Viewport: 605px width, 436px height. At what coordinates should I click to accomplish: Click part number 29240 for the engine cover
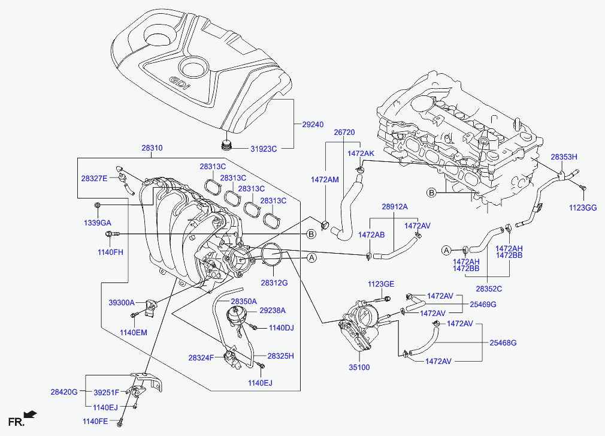313,124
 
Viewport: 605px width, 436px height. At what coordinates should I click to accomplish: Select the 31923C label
264,148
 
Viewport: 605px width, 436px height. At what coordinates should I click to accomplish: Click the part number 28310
152,148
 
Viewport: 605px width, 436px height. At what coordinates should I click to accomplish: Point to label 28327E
94,178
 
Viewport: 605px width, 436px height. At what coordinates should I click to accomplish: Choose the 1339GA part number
97,222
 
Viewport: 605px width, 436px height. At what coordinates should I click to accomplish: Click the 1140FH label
110,252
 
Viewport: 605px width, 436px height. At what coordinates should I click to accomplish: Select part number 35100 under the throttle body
359,368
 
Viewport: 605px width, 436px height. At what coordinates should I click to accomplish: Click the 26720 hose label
344,132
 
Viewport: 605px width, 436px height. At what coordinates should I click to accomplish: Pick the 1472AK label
361,154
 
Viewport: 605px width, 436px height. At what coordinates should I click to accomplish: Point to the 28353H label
564,157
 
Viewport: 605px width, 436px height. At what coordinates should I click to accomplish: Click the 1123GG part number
583,208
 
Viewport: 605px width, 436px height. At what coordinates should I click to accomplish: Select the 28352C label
489,288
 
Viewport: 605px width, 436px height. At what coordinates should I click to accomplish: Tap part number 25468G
503,343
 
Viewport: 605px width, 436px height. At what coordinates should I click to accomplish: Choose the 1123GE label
381,284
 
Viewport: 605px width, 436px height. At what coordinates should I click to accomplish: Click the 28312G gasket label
274,282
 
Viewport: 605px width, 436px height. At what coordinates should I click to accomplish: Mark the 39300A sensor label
122,303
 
